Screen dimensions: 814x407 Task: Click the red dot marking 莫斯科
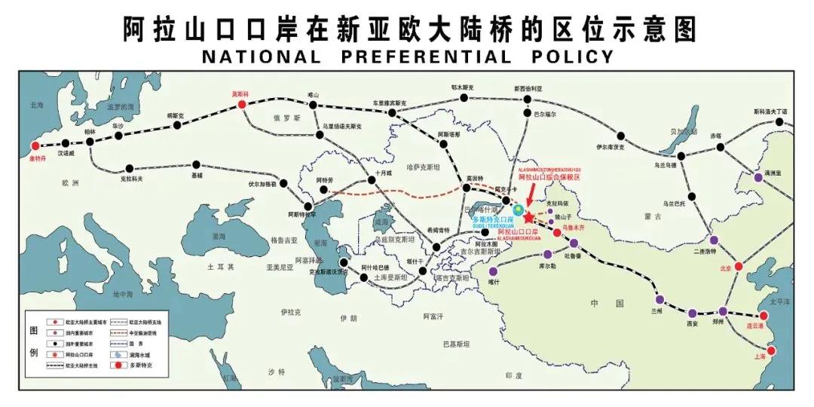(x=242, y=105)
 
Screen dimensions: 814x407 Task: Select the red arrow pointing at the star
(x=531, y=195)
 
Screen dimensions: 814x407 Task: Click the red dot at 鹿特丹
(x=35, y=146)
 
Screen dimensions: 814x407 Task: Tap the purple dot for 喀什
(x=494, y=271)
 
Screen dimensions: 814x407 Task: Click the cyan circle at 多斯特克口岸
(x=519, y=208)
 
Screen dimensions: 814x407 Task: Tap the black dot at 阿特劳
(x=324, y=189)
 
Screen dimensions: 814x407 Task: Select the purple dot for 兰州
(x=660, y=299)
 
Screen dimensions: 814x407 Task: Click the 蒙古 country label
(x=650, y=216)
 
